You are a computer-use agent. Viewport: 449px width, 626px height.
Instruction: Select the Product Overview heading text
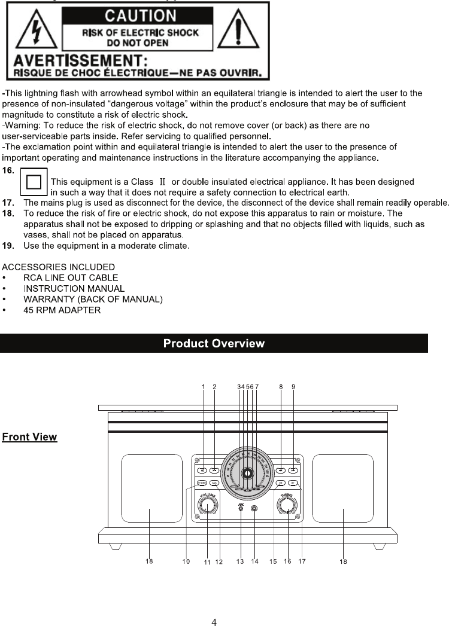click(214, 343)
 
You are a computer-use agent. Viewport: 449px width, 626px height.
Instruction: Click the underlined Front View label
click(30, 437)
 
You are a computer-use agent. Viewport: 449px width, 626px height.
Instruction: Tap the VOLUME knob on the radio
click(208, 507)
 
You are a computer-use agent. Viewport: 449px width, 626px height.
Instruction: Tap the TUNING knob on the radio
click(288, 507)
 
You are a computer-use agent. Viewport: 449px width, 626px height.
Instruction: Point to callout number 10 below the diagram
click(186, 561)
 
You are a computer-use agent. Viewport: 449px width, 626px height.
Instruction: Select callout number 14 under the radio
click(255, 561)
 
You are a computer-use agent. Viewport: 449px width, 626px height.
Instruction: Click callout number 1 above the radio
click(203, 387)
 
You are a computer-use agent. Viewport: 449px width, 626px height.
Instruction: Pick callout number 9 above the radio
click(293, 387)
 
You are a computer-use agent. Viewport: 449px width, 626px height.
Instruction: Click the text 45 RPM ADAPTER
click(62, 310)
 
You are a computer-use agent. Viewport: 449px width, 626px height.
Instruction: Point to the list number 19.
click(8, 246)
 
